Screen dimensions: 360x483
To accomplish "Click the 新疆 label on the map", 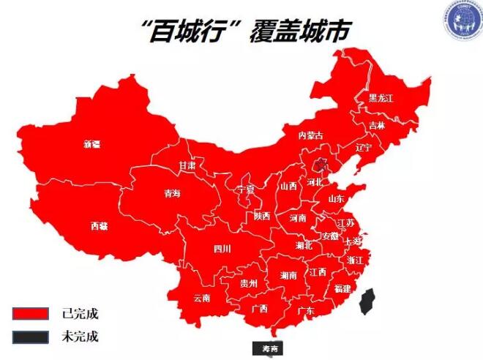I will pyautogui.click(x=91, y=144).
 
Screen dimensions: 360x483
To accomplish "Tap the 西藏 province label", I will pyautogui.click(x=100, y=226).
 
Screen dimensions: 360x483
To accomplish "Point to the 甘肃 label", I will pyautogui.click(x=187, y=166).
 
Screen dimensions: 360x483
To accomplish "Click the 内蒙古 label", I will pyautogui.click(x=310, y=135).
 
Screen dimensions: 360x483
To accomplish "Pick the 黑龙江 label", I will pyautogui.click(x=381, y=98).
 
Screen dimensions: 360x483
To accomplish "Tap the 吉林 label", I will pyautogui.click(x=377, y=125).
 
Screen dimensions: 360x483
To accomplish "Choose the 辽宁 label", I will pyautogui.click(x=364, y=147).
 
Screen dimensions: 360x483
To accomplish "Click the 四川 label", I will pyautogui.click(x=222, y=249).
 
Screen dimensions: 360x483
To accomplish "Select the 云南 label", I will pyautogui.click(x=202, y=298).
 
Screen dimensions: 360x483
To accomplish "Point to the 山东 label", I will pyautogui.click(x=336, y=198).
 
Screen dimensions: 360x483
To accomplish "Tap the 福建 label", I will pyautogui.click(x=342, y=288).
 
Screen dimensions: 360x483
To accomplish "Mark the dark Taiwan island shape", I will pyautogui.click(x=370, y=301).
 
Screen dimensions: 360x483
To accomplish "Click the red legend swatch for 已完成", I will pyautogui.click(x=31, y=314).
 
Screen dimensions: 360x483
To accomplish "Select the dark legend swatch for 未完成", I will pyautogui.click(x=31, y=337).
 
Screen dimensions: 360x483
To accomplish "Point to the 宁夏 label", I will pyautogui.click(x=246, y=190).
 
